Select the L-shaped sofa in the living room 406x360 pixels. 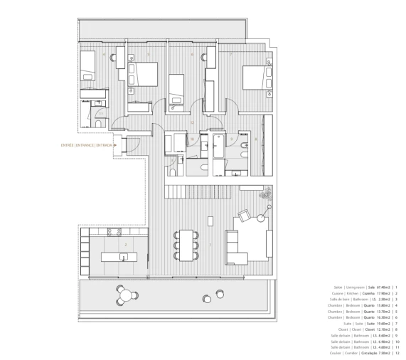247,245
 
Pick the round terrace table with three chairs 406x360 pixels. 126,293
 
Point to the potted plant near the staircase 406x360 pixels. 267,193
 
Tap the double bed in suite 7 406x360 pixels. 254,77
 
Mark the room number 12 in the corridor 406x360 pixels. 192,123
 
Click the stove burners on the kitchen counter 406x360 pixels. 114,232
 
